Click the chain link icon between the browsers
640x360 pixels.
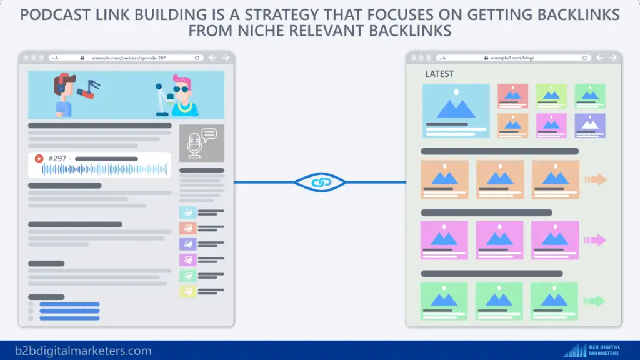[x=319, y=182]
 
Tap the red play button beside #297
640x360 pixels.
[x=39, y=159]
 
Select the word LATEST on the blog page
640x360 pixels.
[x=439, y=74]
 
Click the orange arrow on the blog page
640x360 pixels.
[x=595, y=180]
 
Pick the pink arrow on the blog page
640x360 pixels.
[x=595, y=240]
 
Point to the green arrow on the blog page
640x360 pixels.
[x=595, y=301]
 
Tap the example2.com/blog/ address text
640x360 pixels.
[x=512, y=57]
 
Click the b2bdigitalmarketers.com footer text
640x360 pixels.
[x=84, y=351]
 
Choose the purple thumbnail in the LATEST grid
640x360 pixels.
[x=589, y=125]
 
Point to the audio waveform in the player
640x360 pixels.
[x=104, y=169]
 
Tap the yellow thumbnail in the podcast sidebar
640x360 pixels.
[x=187, y=291]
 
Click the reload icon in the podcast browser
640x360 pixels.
[x=197, y=57]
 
